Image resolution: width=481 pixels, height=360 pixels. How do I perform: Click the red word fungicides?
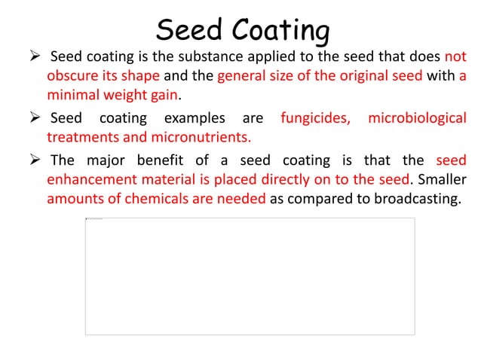pos(314,119)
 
